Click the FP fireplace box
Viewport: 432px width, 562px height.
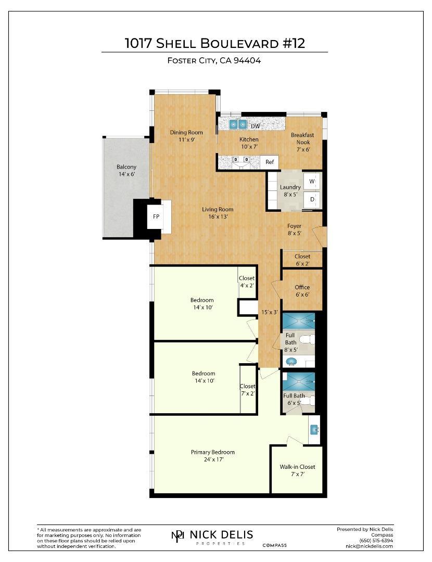(x=156, y=216)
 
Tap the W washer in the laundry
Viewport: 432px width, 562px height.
(x=312, y=182)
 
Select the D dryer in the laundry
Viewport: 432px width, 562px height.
(x=312, y=199)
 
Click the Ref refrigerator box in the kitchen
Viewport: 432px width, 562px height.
(x=269, y=162)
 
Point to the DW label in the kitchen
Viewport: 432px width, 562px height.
(x=255, y=126)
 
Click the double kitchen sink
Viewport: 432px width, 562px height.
(x=238, y=124)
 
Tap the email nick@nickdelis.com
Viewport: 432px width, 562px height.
(x=369, y=546)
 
